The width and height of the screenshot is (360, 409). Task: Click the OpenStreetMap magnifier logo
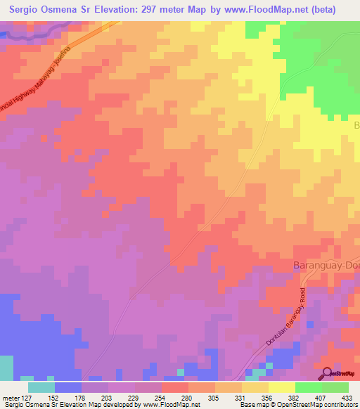[328, 373]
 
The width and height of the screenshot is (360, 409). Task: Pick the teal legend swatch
[41, 387]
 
